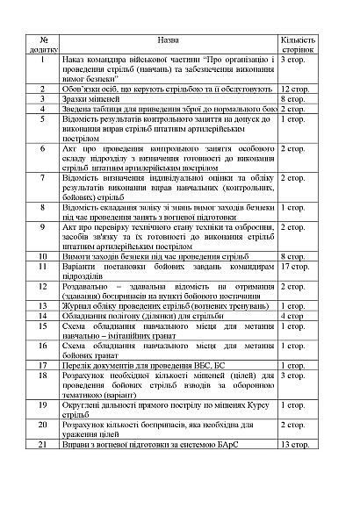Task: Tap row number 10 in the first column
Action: (42, 256)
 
